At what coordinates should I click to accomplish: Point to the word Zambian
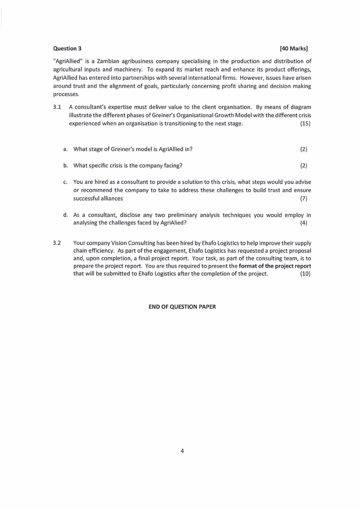click(113, 61)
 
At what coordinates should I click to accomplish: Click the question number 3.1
click(57, 107)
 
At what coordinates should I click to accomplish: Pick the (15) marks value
click(305, 124)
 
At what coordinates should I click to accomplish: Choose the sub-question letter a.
click(66, 149)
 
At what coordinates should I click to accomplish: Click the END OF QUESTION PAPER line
click(182, 307)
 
